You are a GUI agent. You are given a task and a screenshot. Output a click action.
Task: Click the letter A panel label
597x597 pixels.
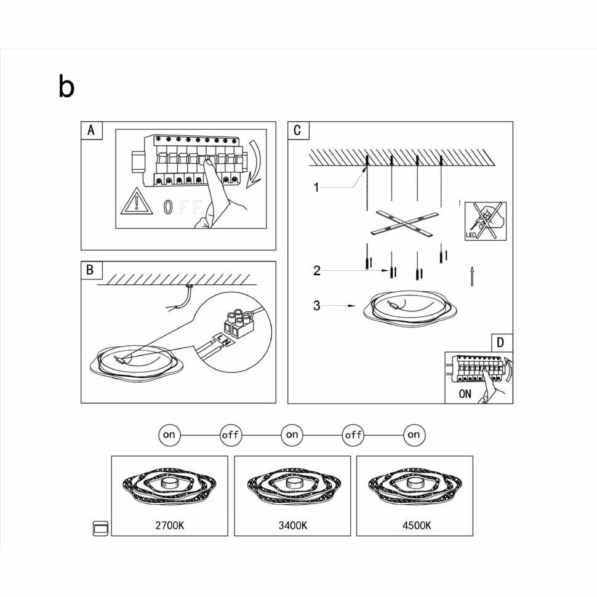91,130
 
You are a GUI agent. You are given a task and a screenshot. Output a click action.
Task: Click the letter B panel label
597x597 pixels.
90,270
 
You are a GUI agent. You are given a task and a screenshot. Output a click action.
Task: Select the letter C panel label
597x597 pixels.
298,130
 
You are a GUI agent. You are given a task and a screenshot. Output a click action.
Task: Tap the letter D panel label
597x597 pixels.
501,342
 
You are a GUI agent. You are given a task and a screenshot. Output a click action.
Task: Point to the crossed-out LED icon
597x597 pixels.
485,221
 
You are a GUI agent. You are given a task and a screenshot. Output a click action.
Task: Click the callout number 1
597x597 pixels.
316,187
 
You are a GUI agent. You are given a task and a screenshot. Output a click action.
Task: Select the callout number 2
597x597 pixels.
316,270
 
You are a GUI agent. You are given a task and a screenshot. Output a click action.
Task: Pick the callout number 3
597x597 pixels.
316,305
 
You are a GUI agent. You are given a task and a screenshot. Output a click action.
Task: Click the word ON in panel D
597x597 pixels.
465,394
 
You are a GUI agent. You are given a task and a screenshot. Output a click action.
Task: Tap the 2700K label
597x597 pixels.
169,526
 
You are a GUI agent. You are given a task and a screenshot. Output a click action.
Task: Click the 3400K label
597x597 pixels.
292,526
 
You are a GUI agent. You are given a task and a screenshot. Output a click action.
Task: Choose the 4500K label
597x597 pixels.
415,526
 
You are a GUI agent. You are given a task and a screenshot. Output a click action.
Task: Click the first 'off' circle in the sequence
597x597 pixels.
231,435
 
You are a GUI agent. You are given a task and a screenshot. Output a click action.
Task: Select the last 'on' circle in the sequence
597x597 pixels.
414,435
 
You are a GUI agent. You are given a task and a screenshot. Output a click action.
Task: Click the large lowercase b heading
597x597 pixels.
66,87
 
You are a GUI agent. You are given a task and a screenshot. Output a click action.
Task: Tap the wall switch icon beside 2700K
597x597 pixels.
100,528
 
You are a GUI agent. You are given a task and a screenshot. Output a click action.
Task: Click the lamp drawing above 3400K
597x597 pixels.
292,486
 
